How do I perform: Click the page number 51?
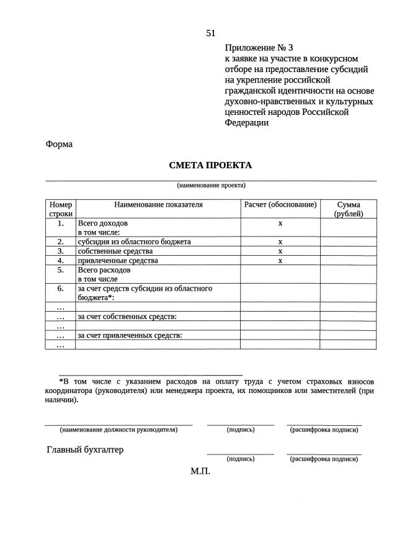[210, 34]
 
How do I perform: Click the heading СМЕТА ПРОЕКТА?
[210, 166]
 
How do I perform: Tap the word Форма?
[59, 144]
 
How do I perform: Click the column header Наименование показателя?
[158, 204]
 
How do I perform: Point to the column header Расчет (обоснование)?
[280, 204]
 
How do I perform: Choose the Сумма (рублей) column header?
[348, 209]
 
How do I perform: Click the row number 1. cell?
[60, 222]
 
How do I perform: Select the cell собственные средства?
[115, 251]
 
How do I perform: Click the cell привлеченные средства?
[118, 261]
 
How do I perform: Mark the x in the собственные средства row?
[280, 251]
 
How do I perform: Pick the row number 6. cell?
[60, 289]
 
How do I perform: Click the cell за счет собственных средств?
[127, 317]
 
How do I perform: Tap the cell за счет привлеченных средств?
[129, 335]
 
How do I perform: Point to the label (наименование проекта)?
[211, 185]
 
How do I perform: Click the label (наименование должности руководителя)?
[118, 429]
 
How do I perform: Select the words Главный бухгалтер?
[85, 450]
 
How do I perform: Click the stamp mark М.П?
[200, 471]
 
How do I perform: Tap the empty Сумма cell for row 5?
[348, 274]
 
